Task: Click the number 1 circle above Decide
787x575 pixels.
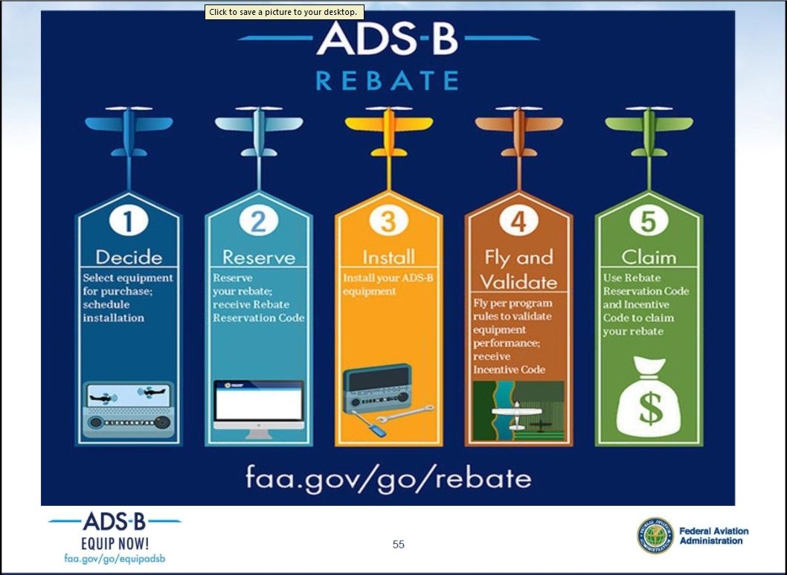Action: point(129,221)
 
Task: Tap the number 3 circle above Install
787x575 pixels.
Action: point(388,221)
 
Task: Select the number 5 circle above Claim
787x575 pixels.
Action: point(649,221)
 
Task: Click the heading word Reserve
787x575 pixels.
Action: point(258,257)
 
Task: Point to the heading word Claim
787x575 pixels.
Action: point(649,257)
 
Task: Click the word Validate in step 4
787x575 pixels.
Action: point(519,282)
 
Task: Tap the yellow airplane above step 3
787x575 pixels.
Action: point(388,132)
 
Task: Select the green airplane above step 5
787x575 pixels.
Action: point(649,132)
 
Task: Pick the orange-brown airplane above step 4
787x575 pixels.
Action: point(519,132)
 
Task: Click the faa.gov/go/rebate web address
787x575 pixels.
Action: point(388,478)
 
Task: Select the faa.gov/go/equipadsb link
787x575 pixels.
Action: point(115,559)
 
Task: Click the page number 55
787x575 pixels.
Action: point(399,545)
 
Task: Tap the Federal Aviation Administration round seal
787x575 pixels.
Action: point(655,536)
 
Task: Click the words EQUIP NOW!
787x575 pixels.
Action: point(115,543)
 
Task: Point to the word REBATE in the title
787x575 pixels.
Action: point(388,81)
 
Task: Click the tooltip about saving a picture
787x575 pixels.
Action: point(284,12)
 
